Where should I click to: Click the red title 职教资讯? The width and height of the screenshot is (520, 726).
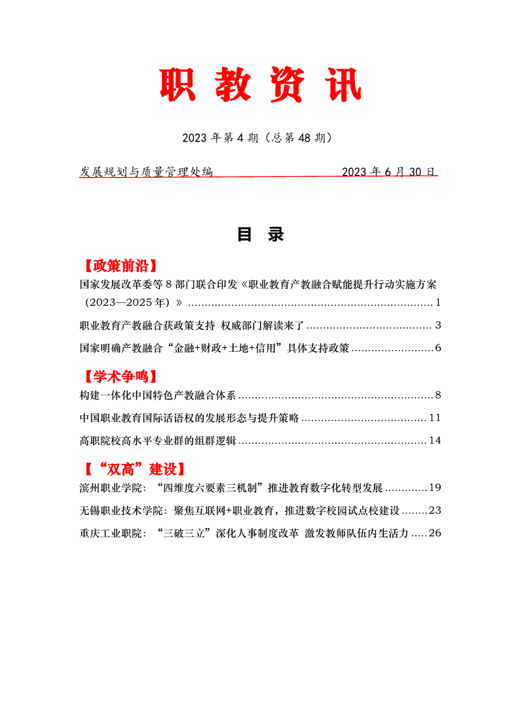260,85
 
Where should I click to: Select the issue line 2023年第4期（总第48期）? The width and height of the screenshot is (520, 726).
260,138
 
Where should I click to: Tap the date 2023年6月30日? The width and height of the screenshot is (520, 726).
389,172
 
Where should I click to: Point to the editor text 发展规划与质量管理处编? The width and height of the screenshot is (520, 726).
147,172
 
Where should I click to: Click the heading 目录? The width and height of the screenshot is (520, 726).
260,235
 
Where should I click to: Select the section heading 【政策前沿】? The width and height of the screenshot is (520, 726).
119,265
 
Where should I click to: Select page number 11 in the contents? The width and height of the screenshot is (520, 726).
435,417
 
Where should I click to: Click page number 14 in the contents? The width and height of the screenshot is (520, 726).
435,440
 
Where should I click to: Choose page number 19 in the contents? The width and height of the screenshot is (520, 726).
435,488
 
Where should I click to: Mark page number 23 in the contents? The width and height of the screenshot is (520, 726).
435,510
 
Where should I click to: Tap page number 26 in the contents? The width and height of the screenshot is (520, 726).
435,533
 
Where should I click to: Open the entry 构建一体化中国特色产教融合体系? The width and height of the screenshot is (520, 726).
157,395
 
